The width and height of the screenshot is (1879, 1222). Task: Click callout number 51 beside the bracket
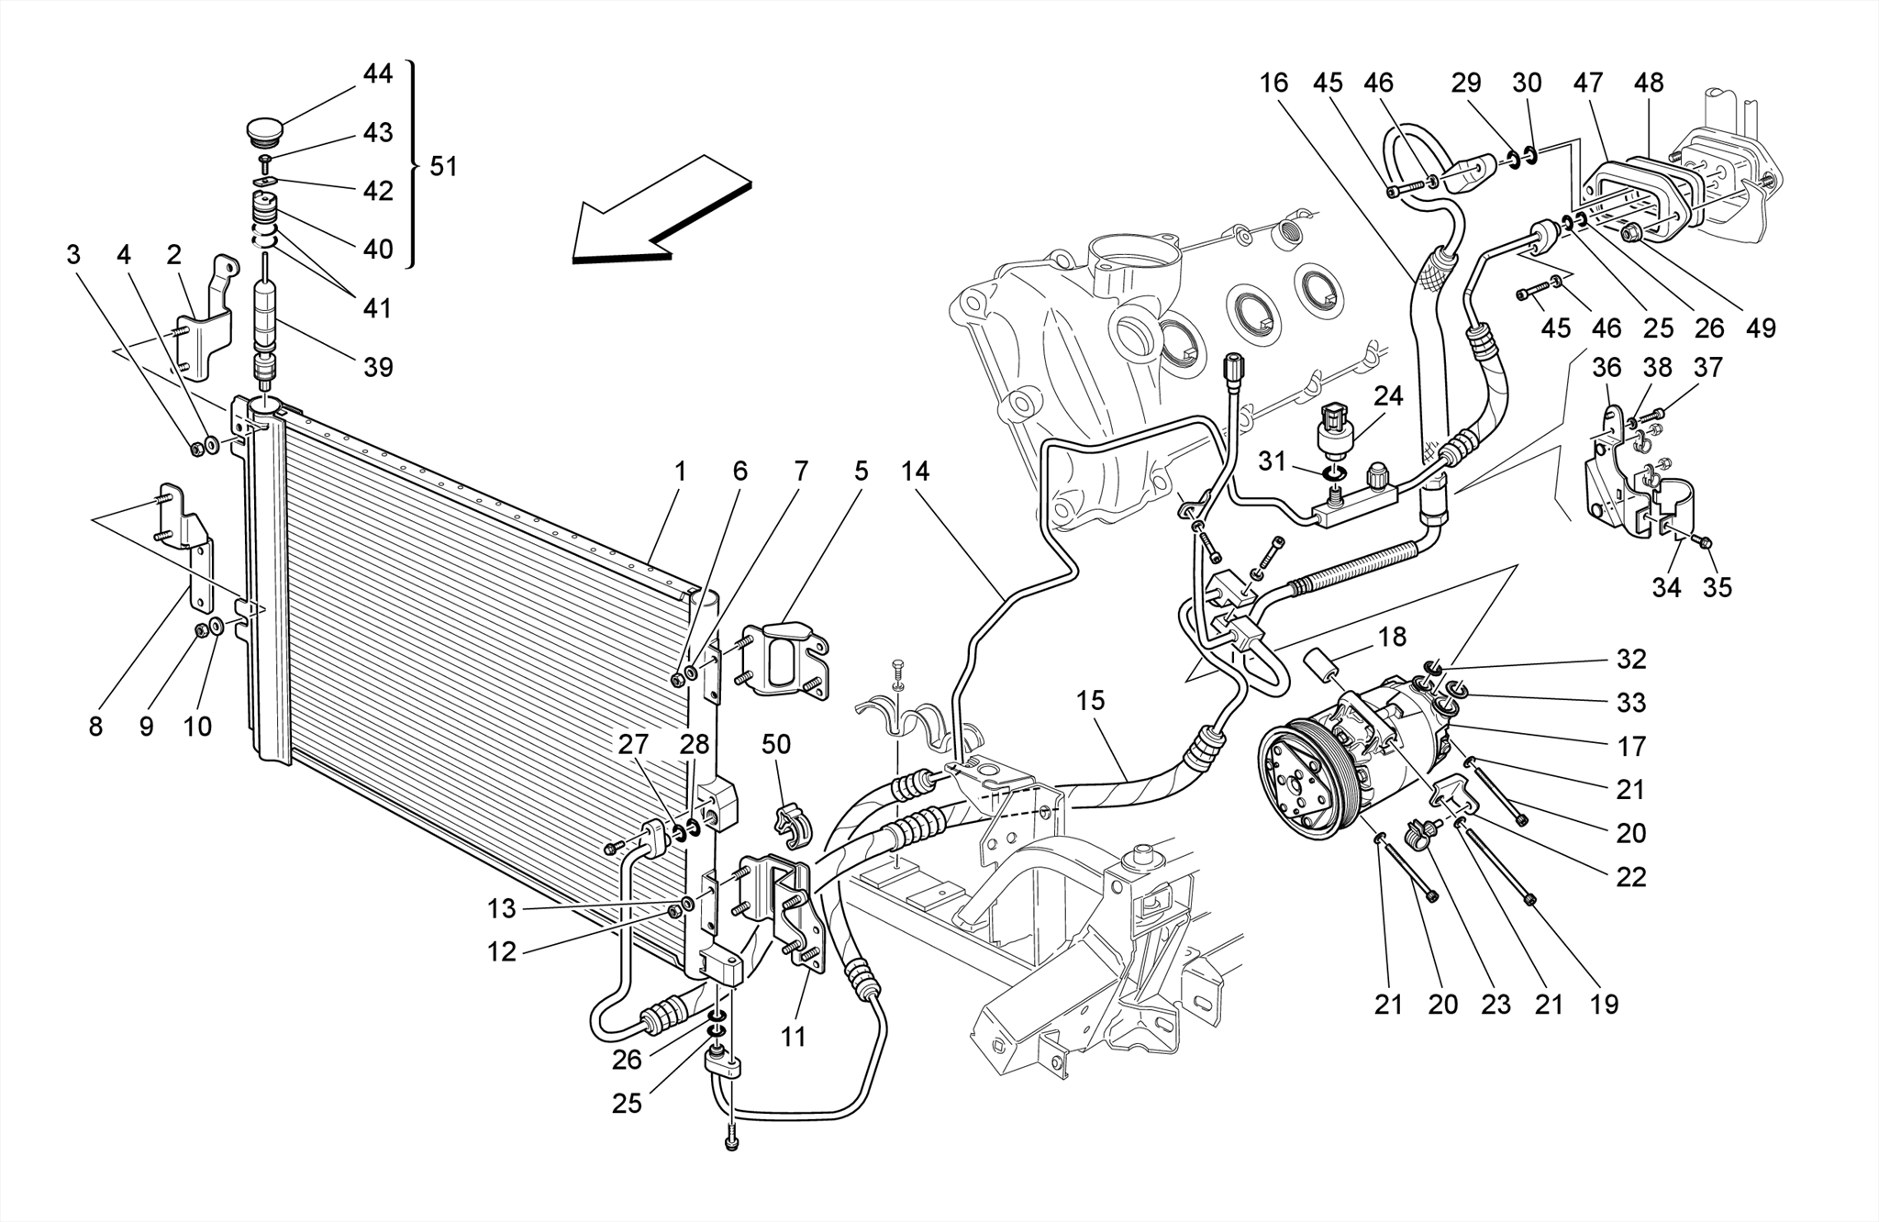[x=443, y=166]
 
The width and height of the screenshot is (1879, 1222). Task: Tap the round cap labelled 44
[x=266, y=129]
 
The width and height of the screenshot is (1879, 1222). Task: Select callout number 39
[x=378, y=367]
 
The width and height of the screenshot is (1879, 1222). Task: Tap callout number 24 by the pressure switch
[x=1388, y=396]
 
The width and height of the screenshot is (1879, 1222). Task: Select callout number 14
[x=915, y=472]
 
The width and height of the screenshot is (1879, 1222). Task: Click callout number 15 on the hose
[x=1090, y=701]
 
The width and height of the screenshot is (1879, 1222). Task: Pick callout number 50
[x=776, y=743]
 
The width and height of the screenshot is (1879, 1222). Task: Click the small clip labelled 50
[x=795, y=823]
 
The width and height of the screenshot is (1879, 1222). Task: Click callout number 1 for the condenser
[x=680, y=472]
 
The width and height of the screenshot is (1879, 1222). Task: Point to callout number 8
[x=95, y=727]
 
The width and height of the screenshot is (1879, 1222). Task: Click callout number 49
[x=1761, y=328]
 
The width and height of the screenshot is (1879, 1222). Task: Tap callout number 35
[x=1717, y=587]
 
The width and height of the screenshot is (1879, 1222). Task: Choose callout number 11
[x=793, y=1037]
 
